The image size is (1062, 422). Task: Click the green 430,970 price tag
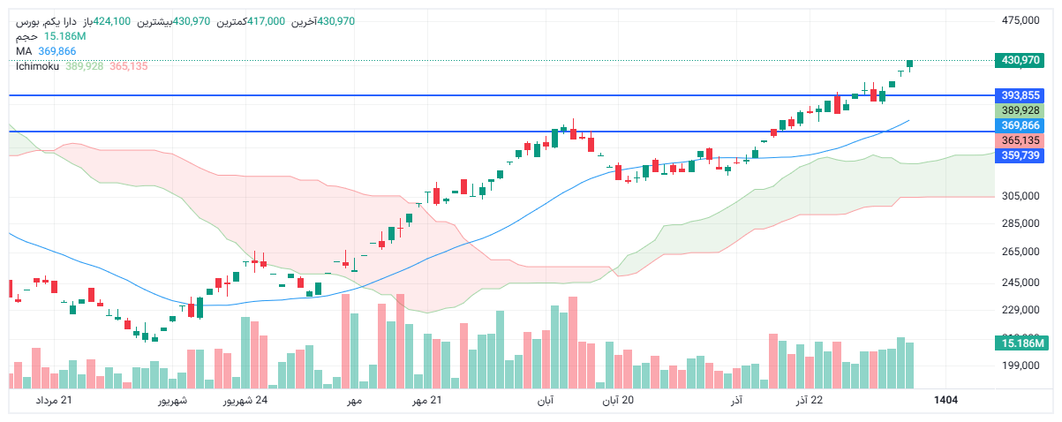point(1021,61)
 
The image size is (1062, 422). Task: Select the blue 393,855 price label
point(1021,95)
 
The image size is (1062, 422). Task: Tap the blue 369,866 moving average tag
point(1021,126)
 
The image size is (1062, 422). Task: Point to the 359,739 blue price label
point(1021,155)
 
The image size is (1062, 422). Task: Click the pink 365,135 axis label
point(1021,140)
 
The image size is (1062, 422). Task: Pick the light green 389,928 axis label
point(1021,110)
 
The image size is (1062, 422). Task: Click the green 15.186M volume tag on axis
point(1021,343)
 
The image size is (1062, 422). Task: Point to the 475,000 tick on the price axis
point(1021,20)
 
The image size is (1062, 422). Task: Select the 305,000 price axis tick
point(1021,196)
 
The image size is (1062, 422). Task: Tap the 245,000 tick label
point(1021,283)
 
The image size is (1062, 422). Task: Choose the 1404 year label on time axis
point(945,401)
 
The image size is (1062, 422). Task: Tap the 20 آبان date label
point(618,401)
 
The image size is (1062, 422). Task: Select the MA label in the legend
point(24,51)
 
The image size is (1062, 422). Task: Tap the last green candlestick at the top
point(910,64)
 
